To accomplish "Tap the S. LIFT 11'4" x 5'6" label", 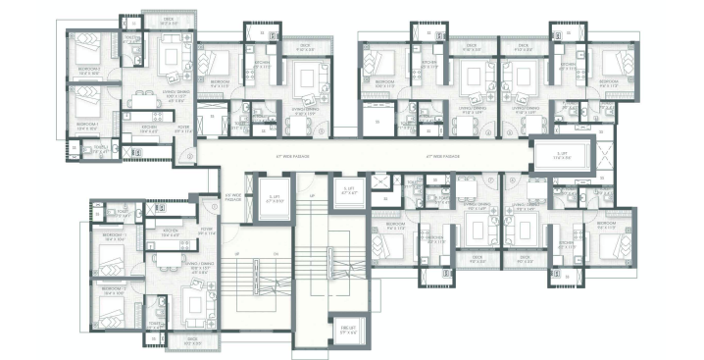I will tap(562, 156).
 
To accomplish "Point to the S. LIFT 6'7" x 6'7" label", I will tap(347, 190).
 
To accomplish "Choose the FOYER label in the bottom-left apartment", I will tap(207, 231).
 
